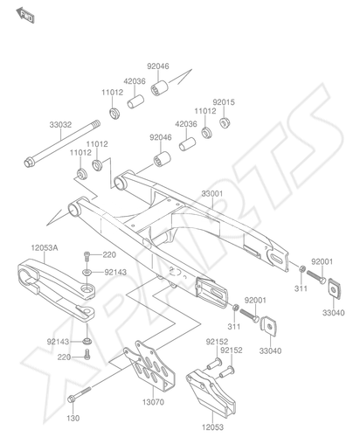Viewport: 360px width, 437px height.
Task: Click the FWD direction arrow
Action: pos(25,16)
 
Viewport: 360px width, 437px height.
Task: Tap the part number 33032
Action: pos(60,125)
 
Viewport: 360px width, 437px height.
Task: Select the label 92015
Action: pos(224,102)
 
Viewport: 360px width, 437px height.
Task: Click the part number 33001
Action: pos(212,193)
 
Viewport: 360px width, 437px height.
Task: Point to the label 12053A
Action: pos(45,248)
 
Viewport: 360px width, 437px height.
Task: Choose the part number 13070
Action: pos(153,402)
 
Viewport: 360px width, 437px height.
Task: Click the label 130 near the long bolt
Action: pos(73,418)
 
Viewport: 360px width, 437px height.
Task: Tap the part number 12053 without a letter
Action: pos(212,427)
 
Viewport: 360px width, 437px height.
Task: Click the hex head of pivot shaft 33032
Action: pos(29,163)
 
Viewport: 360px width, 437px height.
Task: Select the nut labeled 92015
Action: pos(224,122)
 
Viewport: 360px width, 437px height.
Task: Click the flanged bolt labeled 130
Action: pos(80,393)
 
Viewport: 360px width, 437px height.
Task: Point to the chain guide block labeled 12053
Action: pos(211,392)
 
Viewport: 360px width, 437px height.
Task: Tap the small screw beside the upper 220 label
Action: pos(87,256)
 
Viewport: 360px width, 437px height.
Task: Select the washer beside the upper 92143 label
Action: pos(87,272)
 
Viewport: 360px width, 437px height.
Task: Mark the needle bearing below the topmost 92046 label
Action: pos(160,87)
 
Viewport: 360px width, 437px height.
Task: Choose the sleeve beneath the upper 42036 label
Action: pos(135,101)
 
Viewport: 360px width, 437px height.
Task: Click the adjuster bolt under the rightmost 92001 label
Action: pos(315,277)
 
